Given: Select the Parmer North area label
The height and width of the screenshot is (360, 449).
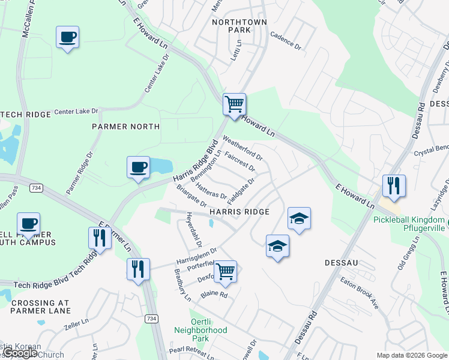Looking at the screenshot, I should [125, 127].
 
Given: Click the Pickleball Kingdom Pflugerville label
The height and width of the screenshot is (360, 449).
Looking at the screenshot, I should [411, 224].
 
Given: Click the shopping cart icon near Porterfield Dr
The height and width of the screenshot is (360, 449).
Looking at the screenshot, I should [224, 271].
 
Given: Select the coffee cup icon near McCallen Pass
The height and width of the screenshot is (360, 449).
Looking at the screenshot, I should [67, 37].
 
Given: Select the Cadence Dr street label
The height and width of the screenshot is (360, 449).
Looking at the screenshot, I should [285, 40].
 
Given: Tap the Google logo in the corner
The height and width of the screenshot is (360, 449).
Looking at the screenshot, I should [20, 353].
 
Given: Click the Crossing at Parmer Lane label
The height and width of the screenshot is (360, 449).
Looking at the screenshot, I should [40, 306].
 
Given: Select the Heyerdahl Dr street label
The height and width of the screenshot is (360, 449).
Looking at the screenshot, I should [194, 230].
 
